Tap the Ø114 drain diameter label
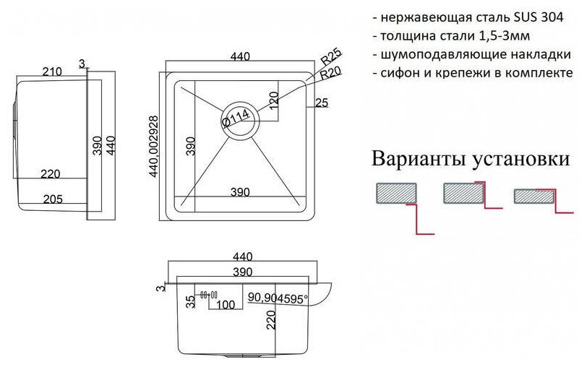[x=236, y=116]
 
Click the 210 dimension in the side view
[x=51, y=71]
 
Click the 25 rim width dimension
[x=322, y=103]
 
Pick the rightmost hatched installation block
[x=532, y=196]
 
